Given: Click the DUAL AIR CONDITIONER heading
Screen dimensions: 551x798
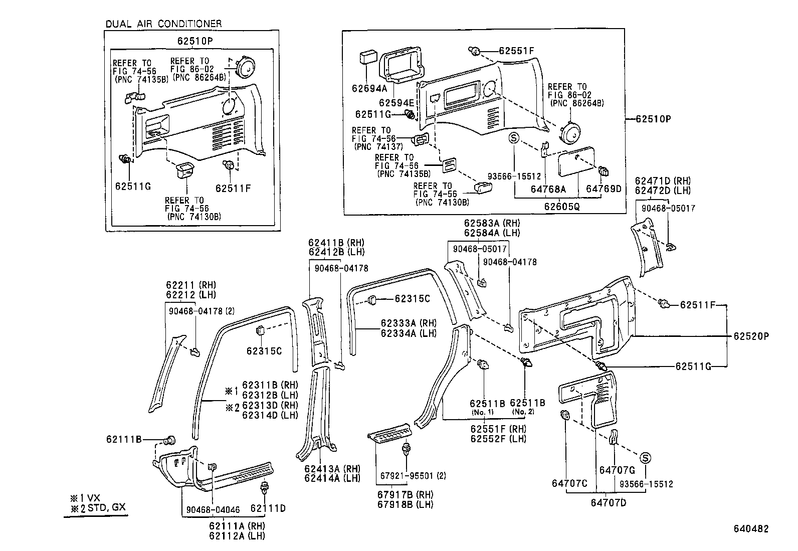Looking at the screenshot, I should [x=163, y=24].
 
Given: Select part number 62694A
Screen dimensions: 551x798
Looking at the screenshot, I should [x=369, y=89].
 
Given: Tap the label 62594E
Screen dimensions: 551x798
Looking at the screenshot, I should [x=396, y=103].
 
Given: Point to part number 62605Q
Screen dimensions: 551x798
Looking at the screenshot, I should [x=562, y=207].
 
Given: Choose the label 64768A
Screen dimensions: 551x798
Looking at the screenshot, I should [x=548, y=189].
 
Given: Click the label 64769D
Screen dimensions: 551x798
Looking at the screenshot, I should [x=604, y=189].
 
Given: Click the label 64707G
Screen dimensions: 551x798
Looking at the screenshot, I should [x=617, y=470].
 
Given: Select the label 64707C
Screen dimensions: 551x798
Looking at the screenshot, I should [x=569, y=483].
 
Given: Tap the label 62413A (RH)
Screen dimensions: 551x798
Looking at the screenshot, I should [x=332, y=469].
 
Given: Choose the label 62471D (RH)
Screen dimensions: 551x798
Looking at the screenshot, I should [x=662, y=180].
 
